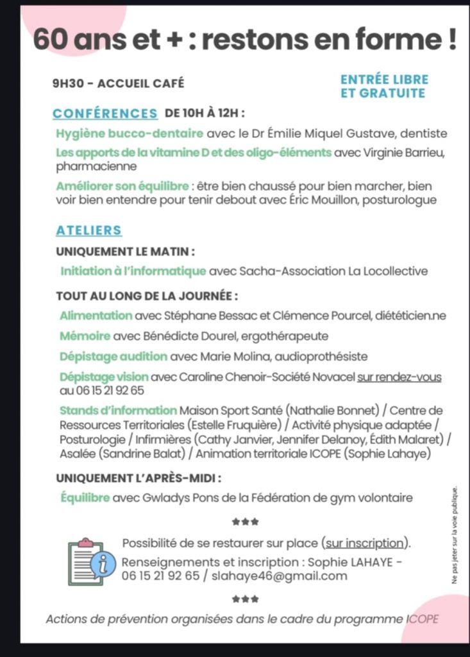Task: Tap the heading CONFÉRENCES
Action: [105, 114]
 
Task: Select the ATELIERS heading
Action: [88, 230]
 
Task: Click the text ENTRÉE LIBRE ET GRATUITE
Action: [384, 87]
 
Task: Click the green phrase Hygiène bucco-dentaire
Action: [130, 134]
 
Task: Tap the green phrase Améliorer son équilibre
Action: [122, 186]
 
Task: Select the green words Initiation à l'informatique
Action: [133, 271]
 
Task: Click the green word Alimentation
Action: [96, 316]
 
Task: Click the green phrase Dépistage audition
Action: [113, 356]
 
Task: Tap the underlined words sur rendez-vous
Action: [399, 377]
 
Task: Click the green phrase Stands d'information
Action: [118, 410]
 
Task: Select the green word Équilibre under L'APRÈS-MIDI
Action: [85, 497]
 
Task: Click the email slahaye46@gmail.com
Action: [280, 576]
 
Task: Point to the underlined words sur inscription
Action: [365, 543]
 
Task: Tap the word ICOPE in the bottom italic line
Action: [423, 619]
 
